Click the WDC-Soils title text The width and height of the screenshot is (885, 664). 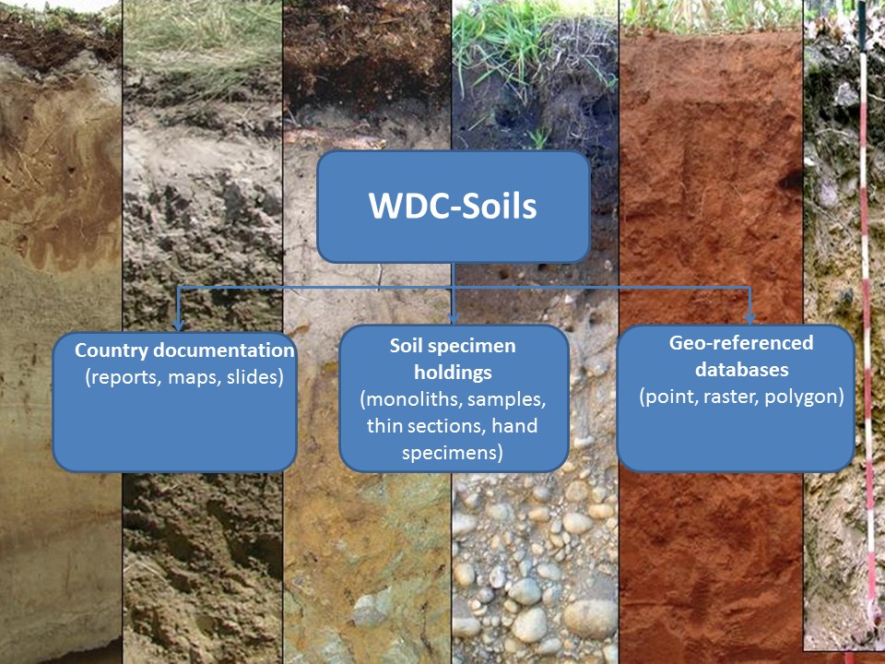(453, 206)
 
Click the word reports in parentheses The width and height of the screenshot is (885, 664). (124, 377)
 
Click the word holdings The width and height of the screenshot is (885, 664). (453, 372)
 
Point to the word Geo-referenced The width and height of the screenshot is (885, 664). (741, 343)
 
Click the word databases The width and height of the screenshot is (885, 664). (741, 370)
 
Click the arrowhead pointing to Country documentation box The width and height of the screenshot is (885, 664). (178, 326)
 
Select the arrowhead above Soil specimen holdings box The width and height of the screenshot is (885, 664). (454, 318)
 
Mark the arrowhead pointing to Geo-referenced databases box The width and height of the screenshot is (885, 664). (749, 318)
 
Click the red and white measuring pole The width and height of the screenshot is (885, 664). (867, 327)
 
